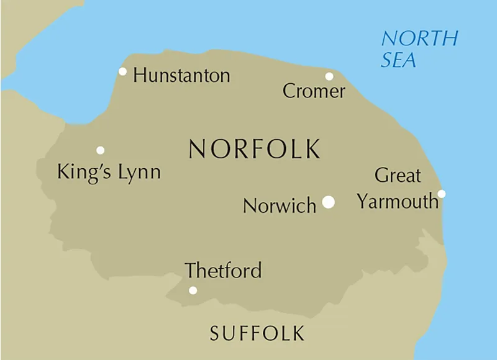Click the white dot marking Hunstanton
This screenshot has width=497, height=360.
coord(122,71)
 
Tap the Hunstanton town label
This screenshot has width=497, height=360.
coord(181,76)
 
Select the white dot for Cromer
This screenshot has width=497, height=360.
coord(329,76)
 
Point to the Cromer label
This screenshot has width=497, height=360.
coord(314,92)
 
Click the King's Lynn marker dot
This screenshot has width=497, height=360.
coord(100,150)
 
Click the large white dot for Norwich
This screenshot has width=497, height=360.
coord(329,202)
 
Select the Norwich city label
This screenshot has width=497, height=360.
coord(280,206)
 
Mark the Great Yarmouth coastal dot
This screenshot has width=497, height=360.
coord(442,194)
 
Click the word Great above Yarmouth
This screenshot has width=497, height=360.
coord(398,176)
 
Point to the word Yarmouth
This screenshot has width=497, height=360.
coord(398,202)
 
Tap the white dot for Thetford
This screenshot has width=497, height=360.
coord(193,290)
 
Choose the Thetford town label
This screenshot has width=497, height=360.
coord(223,271)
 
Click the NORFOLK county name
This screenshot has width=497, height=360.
coord(255,149)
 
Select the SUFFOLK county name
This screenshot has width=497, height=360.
coord(257,333)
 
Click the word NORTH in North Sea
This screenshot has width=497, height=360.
coord(419,38)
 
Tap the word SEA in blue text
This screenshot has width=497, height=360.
coord(398,60)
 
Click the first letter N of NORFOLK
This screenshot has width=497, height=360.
coord(197,149)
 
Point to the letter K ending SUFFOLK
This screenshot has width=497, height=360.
coord(298,333)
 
